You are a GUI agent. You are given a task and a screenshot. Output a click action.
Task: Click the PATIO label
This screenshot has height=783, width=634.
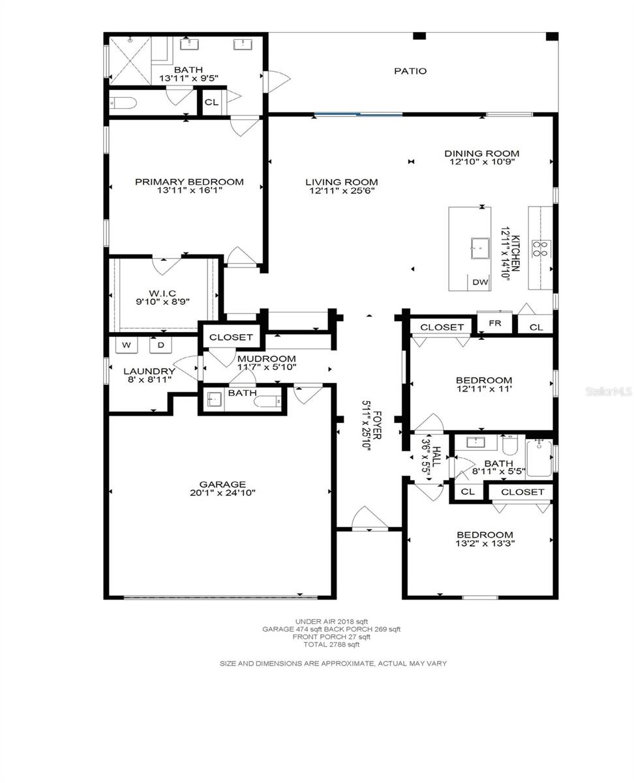pyautogui.click(x=410, y=71)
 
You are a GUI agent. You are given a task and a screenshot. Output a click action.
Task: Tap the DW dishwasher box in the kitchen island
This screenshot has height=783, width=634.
pyautogui.click(x=479, y=282)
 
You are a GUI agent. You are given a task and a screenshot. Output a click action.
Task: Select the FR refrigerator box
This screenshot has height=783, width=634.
pyautogui.click(x=494, y=323)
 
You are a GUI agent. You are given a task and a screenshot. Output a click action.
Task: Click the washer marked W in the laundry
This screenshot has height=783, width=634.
pyautogui.click(x=127, y=345)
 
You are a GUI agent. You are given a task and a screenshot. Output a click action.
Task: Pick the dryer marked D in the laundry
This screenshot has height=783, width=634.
pyautogui.click(x=161, y=345)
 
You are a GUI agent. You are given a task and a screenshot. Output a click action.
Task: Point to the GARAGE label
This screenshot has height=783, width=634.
pyautogui.click(x=222, y=484)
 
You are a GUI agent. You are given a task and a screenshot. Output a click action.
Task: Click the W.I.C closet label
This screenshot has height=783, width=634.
pyautogui.click(x=162, y=293)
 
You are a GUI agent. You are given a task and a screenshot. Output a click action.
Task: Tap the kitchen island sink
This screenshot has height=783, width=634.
pyautogui.click(x=480, y=249)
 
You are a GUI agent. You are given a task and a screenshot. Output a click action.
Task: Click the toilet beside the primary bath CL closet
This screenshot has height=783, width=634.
pyautogui.click(x=123, y=102)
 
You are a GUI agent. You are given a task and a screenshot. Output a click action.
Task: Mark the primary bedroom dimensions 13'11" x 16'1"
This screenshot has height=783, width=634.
pyautogui.click(x=190, y=191)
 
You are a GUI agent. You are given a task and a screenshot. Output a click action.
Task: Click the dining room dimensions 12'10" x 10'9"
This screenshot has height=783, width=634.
pyautogui.click(x=482, y=162)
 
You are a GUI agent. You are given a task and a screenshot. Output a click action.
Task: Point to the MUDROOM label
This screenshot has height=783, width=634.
pyautogui.click(x=267, y=358)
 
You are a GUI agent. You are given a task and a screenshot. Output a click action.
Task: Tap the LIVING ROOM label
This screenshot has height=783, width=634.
pyautogui.click(x=342, y=182)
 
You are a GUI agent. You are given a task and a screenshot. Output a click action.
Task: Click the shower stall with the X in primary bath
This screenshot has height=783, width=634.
pyautogui.click(x=130, y=61)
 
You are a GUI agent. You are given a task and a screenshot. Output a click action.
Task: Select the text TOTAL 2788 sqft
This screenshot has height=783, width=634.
pyautogui.click(x=331, y=645)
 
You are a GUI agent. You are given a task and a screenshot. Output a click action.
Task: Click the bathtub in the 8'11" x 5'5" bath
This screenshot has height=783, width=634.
pyautogui.click(x=539, y=459)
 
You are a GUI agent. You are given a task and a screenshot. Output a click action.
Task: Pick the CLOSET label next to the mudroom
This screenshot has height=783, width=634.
pyautogui.click(x=231, y=337)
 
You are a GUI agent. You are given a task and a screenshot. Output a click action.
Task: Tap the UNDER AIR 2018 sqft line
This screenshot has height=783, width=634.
pyautogui.click(x=331, y=622)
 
